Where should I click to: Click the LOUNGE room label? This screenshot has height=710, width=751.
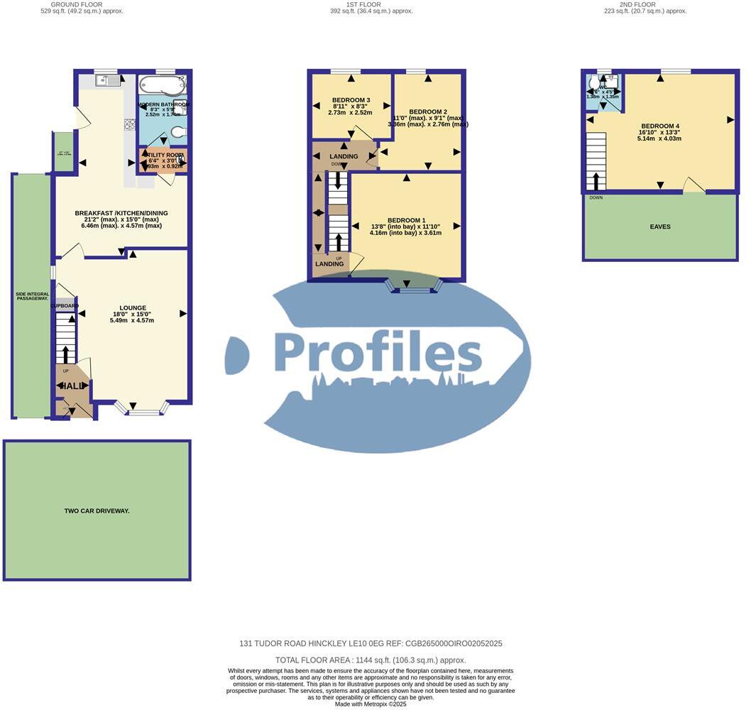coord(133,307)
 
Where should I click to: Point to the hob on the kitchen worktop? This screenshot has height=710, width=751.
coord(131,125)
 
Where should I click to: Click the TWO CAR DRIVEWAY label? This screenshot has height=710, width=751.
coord(97,510)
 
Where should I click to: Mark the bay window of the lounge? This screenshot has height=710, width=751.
coord(142,409)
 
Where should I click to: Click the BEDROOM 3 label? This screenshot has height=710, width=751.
coord(351,100)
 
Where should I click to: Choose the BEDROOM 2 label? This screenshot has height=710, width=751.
coord(427,111)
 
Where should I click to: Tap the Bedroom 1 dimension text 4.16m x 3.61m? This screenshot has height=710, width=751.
coord(405,232)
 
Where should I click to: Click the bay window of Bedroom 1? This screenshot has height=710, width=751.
coord(414,287)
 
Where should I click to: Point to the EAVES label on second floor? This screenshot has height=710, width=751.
coord(659,227)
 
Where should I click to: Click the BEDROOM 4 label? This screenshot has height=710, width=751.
coord(660,126)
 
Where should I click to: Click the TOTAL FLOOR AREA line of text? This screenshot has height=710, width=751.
coord(371,660)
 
